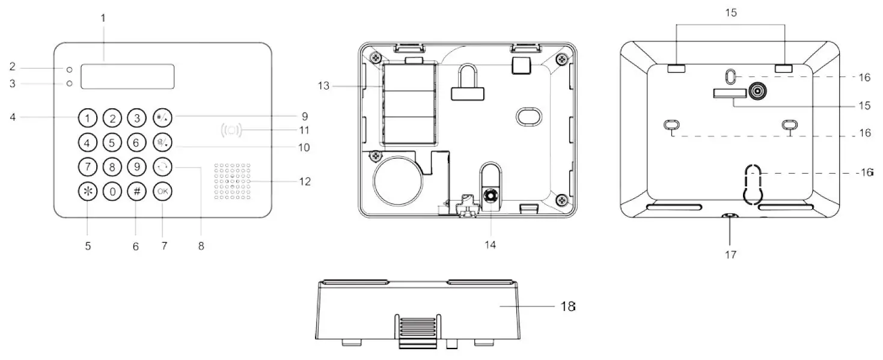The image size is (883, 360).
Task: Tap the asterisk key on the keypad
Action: click(x=88, y=192)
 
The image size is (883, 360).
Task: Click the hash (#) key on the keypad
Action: click(x=136, y=192)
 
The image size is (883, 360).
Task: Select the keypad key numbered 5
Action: click(x=112, y=143)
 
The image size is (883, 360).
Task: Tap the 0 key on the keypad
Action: click(x=112, y=192)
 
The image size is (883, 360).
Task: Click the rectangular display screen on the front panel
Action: click(x=127, y=77)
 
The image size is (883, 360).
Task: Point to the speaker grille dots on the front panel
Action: click(x=231, y=180)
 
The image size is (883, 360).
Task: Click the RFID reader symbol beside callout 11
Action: click(x=231, y=130)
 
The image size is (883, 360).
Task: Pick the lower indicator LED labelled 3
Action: click(x=70, y=84)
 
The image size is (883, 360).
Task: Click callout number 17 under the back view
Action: click(x=730, y=254)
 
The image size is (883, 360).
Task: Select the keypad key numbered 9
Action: click(x=136, y=167)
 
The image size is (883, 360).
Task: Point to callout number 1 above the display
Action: click(x=103, y=18)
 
